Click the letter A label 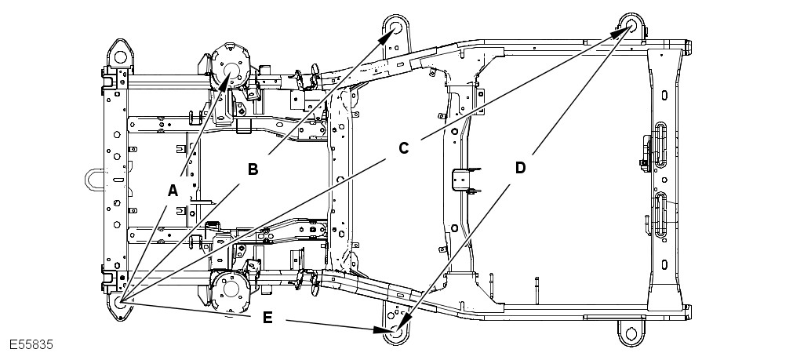[x=173, y=190]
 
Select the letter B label [x=253, y=169]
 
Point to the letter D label [x=520, y=167]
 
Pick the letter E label [x=267, y=318]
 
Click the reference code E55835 [x=31, y=345]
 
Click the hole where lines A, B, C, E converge [x=119, y=302]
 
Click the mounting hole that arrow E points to [x=395, y=332]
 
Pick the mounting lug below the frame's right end [x=630, y=333]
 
